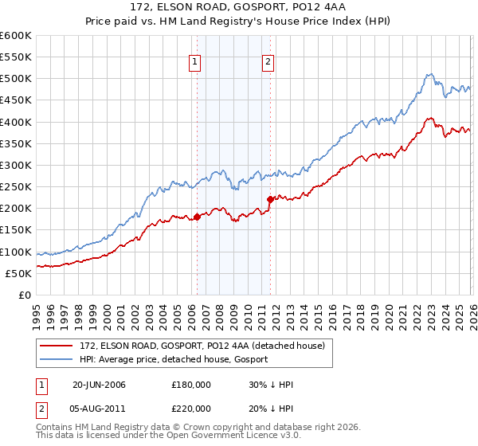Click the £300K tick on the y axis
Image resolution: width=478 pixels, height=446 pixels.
(16, 165)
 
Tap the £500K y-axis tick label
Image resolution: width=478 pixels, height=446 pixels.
(16, 79)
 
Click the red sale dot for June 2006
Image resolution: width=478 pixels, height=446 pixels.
(197, 217)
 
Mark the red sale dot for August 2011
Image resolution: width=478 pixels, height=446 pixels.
(270, 199)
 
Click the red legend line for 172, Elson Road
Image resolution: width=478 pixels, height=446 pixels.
(57, 346)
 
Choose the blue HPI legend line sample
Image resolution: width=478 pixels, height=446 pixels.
(57, 361)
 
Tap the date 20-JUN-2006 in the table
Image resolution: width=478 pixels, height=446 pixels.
(99, 385)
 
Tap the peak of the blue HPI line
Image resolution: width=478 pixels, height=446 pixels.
(429, 75)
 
